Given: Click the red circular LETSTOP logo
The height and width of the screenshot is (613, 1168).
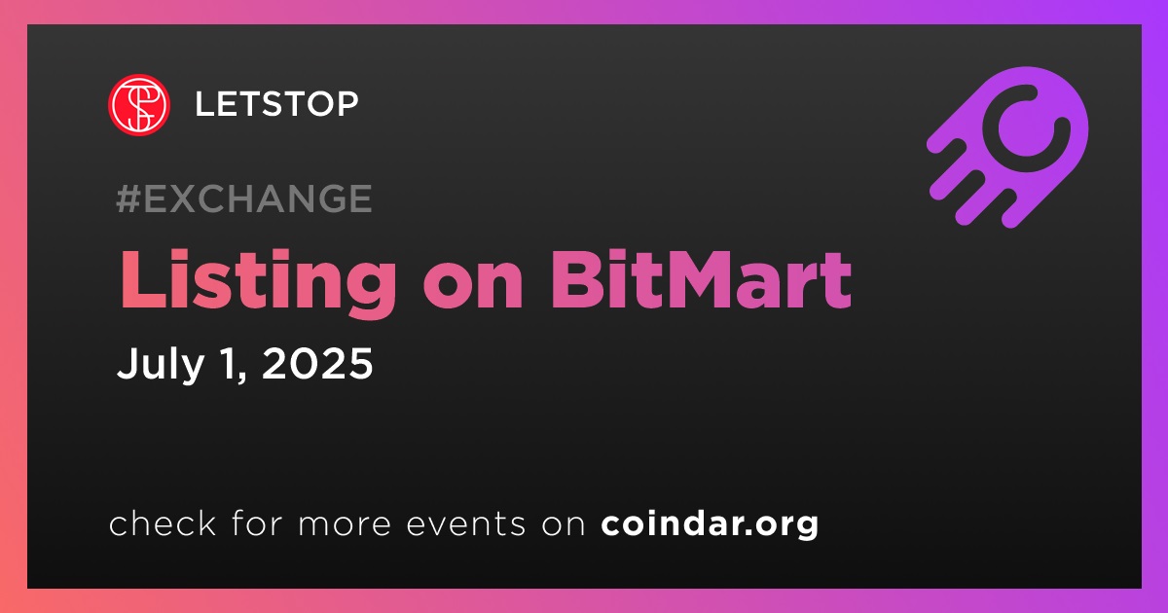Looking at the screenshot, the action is coord(138,104).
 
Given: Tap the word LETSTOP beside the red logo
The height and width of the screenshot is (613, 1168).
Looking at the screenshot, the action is coord(276,104).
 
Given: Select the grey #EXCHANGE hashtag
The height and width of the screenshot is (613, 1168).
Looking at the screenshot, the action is coord(244,198).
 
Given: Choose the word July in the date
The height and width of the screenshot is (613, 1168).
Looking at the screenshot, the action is coord(161,364).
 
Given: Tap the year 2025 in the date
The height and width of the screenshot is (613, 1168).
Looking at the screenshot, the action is coord(317,363).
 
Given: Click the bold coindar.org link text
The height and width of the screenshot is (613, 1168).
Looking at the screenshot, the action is coord(710,523).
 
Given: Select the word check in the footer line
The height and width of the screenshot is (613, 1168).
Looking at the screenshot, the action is coord(163,523).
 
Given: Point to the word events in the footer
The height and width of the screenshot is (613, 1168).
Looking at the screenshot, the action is coord(466,523).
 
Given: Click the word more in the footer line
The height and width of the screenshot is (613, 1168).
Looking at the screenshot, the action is coord(345,524).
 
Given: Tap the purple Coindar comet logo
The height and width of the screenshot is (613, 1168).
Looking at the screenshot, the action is coord(1007,148).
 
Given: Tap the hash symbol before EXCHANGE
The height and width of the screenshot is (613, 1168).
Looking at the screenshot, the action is coord(128,198).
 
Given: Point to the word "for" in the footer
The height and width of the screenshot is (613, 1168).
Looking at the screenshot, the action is coord(257,523).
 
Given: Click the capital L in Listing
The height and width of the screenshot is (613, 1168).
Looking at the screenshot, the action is coord(143,280).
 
